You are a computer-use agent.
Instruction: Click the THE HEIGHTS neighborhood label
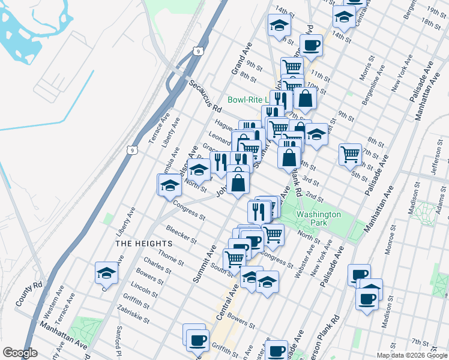point(143,243)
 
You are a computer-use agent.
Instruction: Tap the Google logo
point(20,353)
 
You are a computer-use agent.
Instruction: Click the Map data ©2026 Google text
point(411,355)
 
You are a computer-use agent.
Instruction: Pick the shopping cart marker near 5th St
point(350,153)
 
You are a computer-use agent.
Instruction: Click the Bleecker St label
point(181,235)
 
